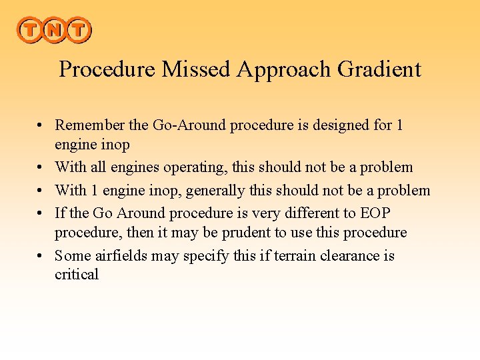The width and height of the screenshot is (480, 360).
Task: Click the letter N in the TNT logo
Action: click(53, 30)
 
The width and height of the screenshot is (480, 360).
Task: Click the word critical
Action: click(77, 275)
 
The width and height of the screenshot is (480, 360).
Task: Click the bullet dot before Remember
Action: click(41, 125)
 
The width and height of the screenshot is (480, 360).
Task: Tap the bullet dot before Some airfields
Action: click(41, 257)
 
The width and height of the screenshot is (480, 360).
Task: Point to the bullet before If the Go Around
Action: click(41, 214)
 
